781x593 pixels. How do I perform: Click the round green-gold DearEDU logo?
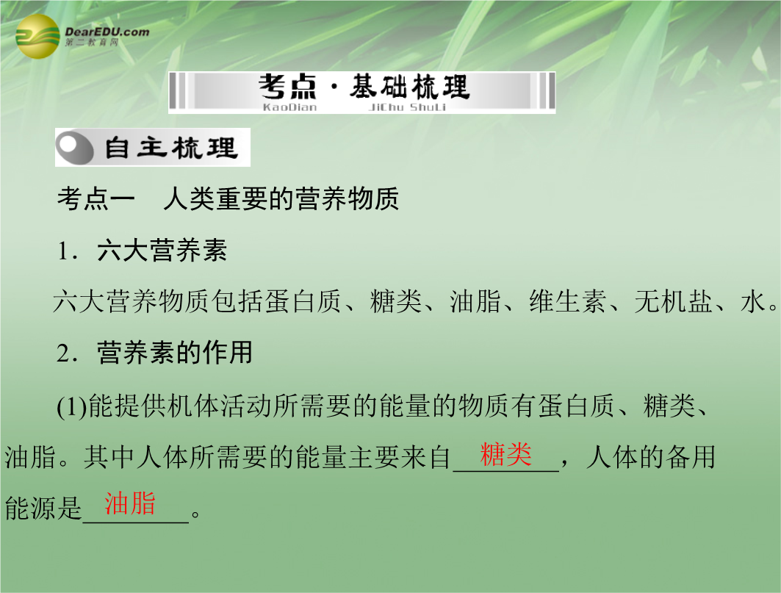pos(38,37)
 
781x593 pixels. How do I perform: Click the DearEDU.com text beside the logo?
pos(107,32)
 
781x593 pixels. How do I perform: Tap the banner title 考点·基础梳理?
pos(364,87)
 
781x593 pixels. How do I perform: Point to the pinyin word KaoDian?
pos(289,107)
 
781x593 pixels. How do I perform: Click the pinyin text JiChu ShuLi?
pos(407,107)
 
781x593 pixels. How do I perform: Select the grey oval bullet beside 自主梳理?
pos(75,148)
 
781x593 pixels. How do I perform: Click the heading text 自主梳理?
pos(170,148)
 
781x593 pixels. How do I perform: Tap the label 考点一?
pos(96,199)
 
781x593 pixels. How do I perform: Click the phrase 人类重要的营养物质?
pos(281,199)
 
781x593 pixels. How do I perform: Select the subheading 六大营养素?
pos(162,250)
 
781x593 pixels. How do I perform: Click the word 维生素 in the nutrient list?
pos(568,301)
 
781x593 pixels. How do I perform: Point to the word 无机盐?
pos(673,301)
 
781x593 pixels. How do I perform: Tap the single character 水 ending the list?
pos(752,301)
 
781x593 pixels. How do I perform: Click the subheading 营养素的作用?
pos(175,353)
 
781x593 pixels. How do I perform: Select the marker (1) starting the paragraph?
pos(72,406)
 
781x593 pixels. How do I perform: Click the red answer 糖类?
pos(505,454)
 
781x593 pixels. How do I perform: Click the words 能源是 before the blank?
pos(43,508)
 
